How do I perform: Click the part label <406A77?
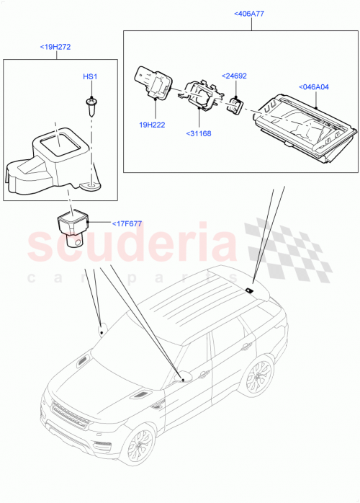pos(249,14)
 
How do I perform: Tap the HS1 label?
pos(89,76)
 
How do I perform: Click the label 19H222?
pos(152,125)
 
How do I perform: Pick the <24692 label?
pos(235,75)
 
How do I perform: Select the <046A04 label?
pos(313,87)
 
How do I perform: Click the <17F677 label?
pos(127,223)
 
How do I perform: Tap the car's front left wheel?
pos(139,448)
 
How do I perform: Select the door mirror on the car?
pos(182,376)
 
